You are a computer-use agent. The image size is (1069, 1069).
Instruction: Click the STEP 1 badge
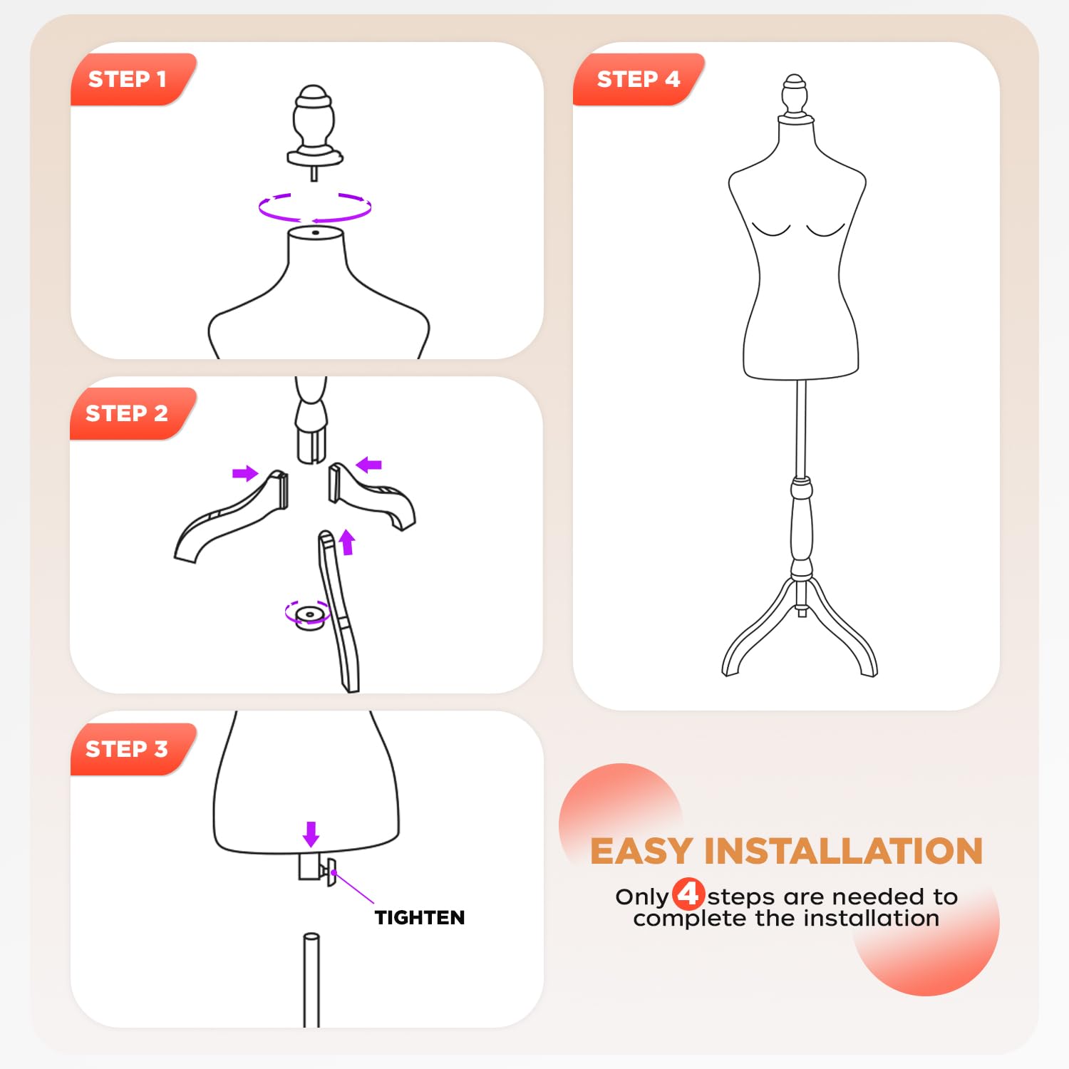128,79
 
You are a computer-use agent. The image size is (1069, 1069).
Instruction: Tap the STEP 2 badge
127,413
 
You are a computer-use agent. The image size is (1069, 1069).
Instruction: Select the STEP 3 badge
127,749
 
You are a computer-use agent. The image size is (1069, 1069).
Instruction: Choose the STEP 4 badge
638,79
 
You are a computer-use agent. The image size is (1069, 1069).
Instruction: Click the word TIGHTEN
420,918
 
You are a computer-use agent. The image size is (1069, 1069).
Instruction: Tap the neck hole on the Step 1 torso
315,232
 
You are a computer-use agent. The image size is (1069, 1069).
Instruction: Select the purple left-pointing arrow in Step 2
369,465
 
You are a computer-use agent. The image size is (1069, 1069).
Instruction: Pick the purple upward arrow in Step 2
347,542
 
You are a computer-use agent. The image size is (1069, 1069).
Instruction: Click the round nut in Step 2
309,616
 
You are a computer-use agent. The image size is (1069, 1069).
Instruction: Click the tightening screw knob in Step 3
329,872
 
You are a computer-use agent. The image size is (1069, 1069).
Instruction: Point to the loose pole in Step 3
311,980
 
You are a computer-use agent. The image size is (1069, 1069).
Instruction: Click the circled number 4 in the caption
688,894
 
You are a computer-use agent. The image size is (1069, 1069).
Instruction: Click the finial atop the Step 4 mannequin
795,94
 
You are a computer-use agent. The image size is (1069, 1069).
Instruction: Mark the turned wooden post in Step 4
802,527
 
